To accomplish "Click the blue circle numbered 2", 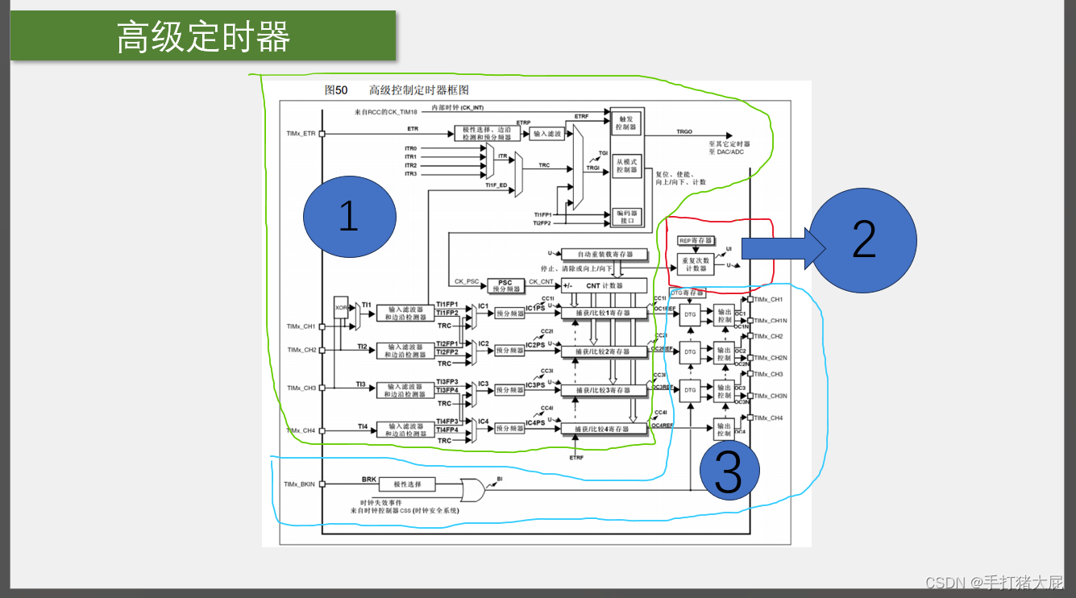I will tap(863, 240).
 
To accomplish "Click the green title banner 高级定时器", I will tap(203, 36).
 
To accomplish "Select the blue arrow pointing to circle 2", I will tap(778, 248).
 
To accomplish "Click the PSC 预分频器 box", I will tap(505, 285).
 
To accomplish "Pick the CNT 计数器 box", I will tap(604, 285).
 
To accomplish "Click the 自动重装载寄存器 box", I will tap(604, 254).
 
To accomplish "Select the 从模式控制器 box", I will tap(626, 165).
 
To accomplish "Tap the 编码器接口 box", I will tap(626, 216).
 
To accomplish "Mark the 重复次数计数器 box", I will tap(696, 264).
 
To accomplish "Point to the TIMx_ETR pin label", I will tap(301, 133).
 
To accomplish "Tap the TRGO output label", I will tap(684, 131).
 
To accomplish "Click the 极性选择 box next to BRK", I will tap(409, 484).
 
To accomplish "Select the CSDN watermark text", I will tap(994, 582).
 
